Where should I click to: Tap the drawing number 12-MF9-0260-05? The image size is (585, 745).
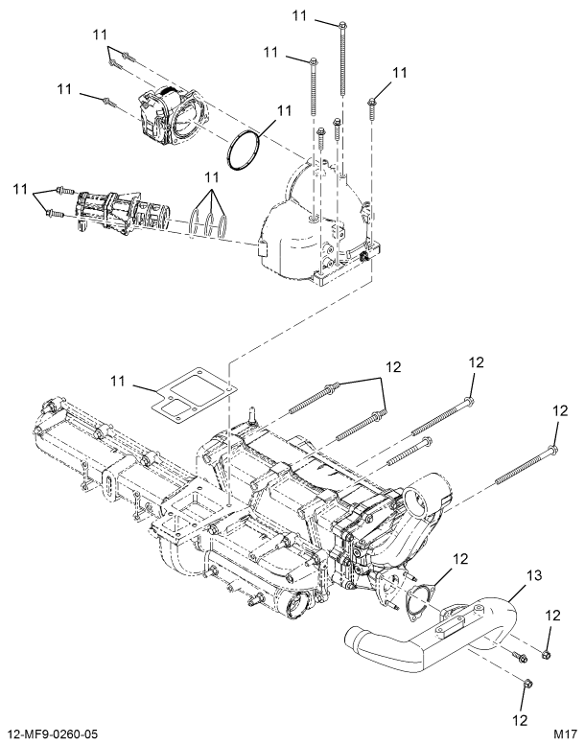[x=60, y=733]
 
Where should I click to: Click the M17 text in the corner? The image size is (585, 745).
[x=562, y=733]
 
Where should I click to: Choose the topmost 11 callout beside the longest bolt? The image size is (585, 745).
[x=300, y=16]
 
